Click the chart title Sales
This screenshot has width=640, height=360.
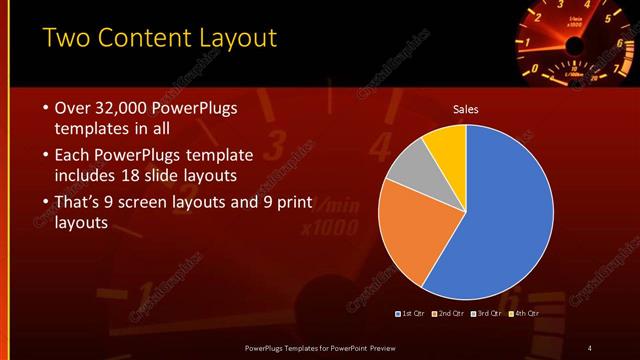(x=466, y=108)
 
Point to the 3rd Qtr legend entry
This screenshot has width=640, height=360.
(x=487, y=313)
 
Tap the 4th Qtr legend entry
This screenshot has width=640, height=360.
(x=525, y=313)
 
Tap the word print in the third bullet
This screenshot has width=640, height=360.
(x=291, y=203)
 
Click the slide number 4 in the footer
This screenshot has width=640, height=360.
(x=590, y=347)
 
